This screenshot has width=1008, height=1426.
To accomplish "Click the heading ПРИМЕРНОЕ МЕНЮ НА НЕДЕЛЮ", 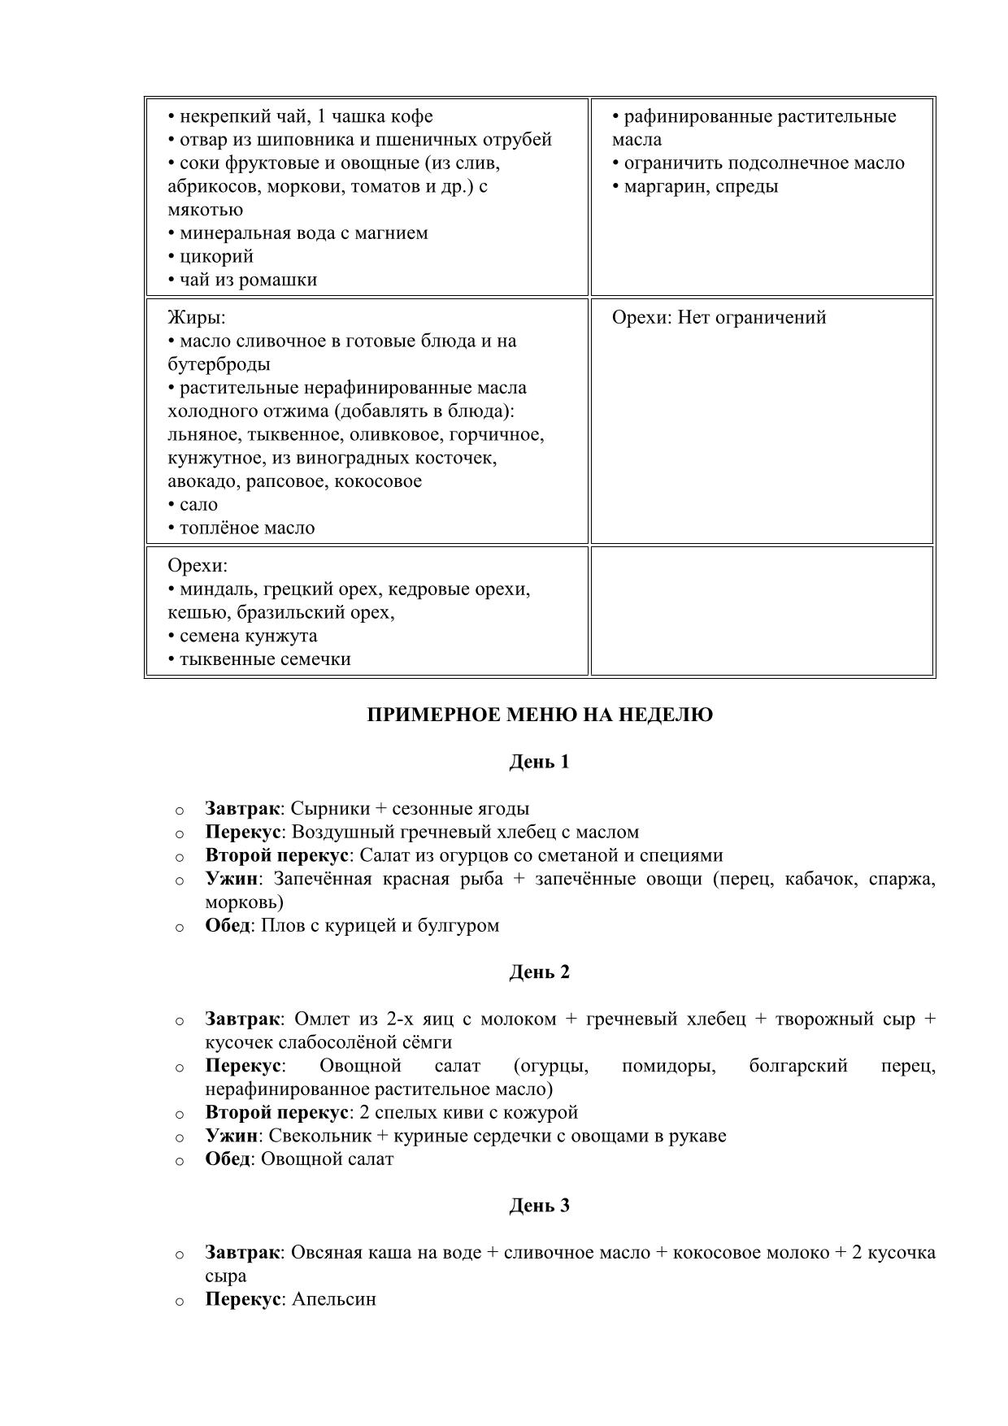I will tap(540, 715).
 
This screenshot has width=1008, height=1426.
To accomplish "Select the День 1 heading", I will tap(540, 762).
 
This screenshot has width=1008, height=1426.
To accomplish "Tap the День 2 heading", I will tap(540, 972).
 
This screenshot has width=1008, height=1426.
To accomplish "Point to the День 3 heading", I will tap(540, 1206).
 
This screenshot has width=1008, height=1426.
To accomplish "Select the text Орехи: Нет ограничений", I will tap(719, 317).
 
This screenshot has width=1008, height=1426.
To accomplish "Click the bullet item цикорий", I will tap(215, 257).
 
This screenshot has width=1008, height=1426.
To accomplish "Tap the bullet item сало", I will tap(198, 505).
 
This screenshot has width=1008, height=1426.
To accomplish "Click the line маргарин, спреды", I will tap(700, 186).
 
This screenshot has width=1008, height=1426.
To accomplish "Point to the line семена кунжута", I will tap(247, 636).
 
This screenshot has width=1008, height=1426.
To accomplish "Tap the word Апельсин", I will tap(333, 1299).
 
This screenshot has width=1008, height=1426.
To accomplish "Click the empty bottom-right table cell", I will tap(762, 611).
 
